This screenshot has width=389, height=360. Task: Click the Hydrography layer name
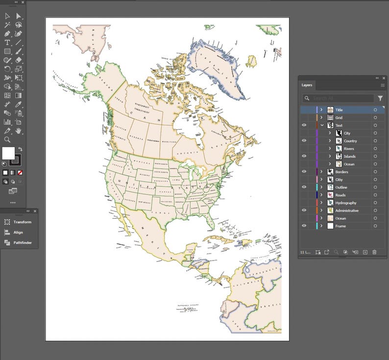[x=345, y=203]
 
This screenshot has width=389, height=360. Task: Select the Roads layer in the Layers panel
[x=340, y=195]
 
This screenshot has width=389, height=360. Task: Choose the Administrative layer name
[x=346, y=211]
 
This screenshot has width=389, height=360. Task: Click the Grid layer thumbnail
[x=330, y=118]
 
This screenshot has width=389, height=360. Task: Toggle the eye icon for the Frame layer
[x=304, y=226]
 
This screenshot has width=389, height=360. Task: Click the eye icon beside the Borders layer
[x=304, y=172]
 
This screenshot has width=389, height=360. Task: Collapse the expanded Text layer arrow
[x=322, y=125]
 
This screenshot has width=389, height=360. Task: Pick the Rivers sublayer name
[x=348, y=148]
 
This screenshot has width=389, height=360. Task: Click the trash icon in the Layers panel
[x=374, y=252]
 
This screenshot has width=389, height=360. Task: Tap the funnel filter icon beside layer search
[x=380, y=98]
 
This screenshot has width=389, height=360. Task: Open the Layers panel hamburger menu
[x=383, y=85]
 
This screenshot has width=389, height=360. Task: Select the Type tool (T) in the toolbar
[x=7, y=43]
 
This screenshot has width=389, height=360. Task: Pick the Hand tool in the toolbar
[x=19, y=131]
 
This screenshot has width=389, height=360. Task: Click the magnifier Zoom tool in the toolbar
[x=7, y=140]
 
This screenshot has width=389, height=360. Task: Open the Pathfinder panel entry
[x=22, y=242]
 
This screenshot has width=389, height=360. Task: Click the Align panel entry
[x=18, y=232]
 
